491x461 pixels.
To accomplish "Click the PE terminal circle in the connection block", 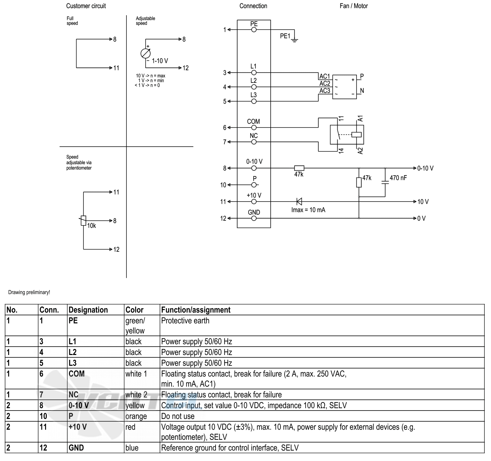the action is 254,30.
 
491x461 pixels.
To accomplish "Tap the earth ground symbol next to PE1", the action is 294,40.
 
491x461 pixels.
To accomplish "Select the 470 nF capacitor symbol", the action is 385,182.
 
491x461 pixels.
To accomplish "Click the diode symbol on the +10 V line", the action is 299,202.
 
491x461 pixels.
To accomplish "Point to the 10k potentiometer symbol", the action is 83,220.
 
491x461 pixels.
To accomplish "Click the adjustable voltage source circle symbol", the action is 146,54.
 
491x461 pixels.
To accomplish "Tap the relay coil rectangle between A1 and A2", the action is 356,135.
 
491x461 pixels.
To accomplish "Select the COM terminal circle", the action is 254,128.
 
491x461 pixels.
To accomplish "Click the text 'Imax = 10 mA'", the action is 308,210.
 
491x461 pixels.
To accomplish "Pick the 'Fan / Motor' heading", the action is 353,6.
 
